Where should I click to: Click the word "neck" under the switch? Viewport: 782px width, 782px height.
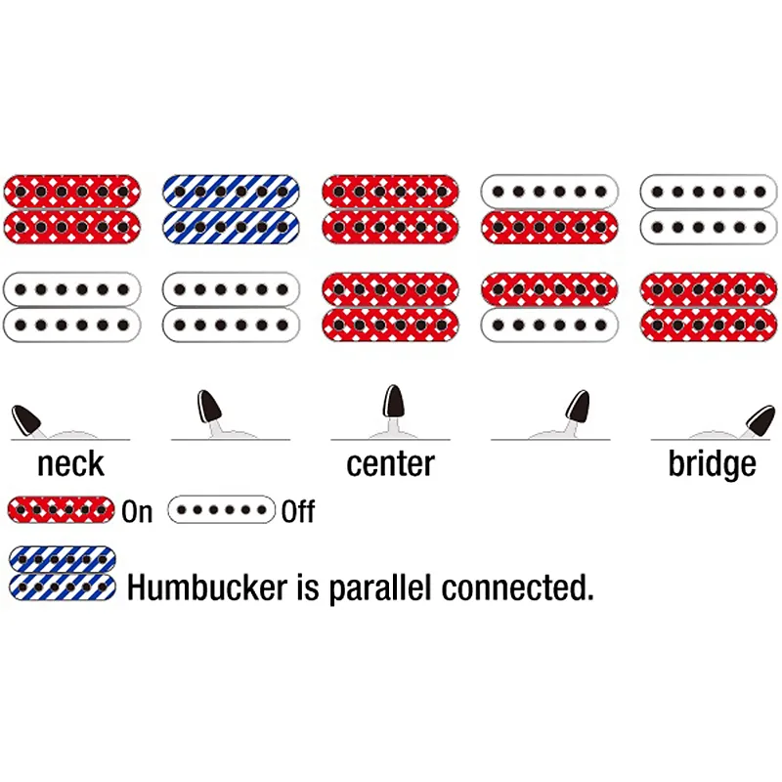tap(70, 462)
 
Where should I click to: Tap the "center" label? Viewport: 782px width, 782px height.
tap(390, 462)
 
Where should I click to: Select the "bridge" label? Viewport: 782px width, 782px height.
tap(712, 462)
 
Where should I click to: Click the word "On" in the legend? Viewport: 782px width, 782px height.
tap(138, 511)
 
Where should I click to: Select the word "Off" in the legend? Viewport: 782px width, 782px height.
tap(298, 511)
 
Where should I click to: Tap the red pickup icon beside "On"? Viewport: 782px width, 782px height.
tap(62, 509)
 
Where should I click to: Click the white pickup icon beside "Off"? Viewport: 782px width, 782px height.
tap(221, 509)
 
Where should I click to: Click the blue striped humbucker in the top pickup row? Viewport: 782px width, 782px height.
tap(231, 206)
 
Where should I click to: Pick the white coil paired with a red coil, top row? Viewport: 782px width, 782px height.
tap(549, 190)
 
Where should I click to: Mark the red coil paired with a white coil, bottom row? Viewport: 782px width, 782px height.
tap(549, 288)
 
